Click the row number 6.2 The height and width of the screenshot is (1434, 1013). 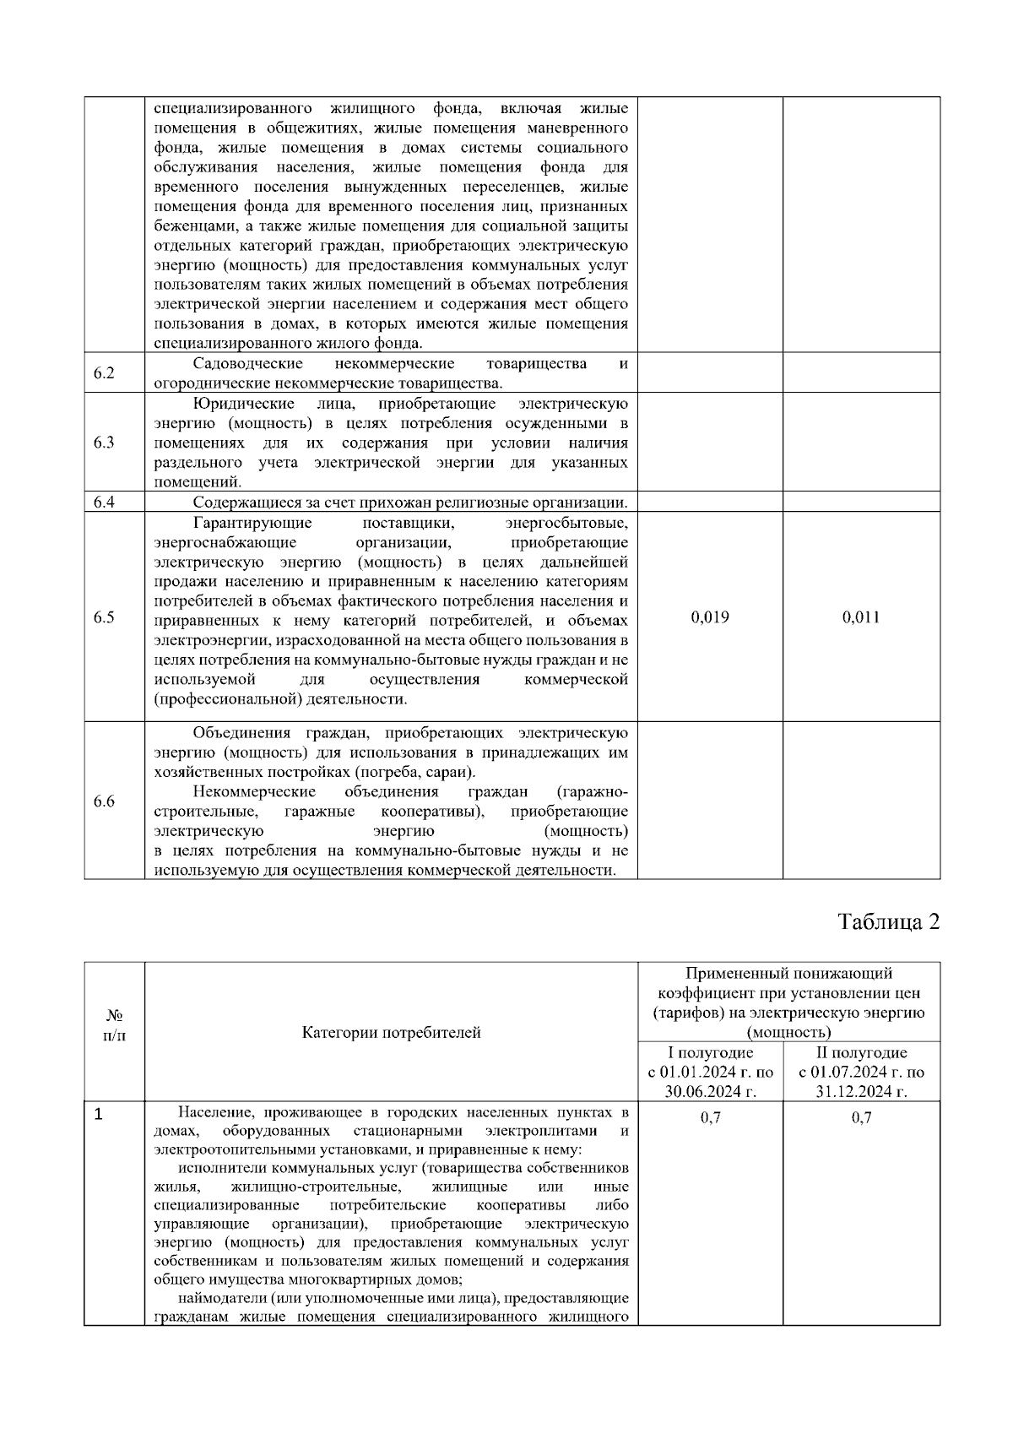click(104, 372)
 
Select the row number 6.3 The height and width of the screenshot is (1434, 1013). click(104, 443)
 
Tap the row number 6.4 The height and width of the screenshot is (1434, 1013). click(104, 502)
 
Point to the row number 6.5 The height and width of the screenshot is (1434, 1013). click(104, 617)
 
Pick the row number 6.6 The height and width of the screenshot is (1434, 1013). click(104, 801)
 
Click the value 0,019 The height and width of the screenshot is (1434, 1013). click(710, 617)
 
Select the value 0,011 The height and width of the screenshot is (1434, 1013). click(861, 617)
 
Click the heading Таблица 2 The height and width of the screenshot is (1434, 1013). click(889, 921)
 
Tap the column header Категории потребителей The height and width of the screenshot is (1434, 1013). click(391, 1032)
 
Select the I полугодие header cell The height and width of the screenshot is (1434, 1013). click(710, 1053)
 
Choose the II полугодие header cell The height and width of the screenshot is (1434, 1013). click(861, 1053)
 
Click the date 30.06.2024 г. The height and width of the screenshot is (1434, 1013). click(710, 1093)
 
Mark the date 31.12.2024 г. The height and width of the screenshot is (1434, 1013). click(861, 1093)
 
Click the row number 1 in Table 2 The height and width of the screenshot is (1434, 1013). click(99, 1116)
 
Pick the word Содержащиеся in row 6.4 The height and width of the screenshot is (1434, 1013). click(238, 503)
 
